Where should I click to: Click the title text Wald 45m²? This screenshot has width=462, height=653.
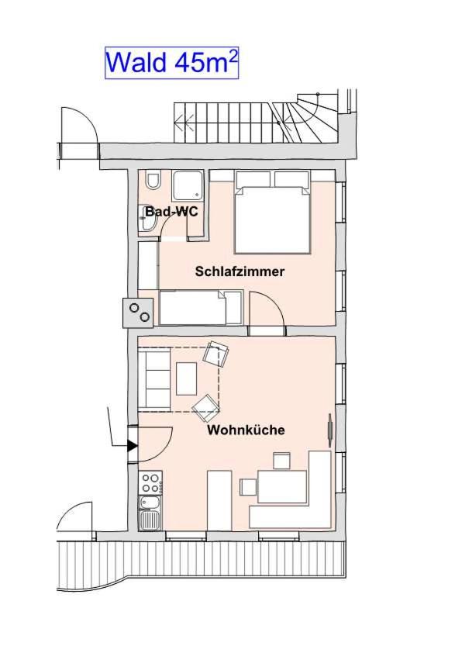(x=171, y=63)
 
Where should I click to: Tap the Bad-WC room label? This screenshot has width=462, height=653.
(x=171, y=212)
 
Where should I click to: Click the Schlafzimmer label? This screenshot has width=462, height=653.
(x=240, y=271)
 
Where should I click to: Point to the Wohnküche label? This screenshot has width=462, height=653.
(x=246, y=430)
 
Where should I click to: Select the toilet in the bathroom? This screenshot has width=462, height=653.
(x=153, y=181)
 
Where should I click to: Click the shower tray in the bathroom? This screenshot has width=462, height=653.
(x=188, y=185)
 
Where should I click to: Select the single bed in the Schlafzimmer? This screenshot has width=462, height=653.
(x=200, y=308)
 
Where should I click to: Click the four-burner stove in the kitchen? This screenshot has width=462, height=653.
(x=150, y=483)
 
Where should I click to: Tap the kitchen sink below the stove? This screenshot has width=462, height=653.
(x=150, y=513)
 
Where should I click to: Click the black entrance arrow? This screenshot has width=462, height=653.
(x=133, y=446)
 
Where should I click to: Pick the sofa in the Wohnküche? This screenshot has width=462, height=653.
(x=154, y=379)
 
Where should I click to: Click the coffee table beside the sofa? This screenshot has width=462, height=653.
(x=187, y=378)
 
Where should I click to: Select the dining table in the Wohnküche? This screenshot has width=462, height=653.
(x=282, y=486)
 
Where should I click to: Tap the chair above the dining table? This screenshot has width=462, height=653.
(x=281, y=461)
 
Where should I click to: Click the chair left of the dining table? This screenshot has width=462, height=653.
(x=248, y=487)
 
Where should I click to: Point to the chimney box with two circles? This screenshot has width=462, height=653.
(x=138, y=313)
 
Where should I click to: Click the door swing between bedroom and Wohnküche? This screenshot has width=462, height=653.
(x=267, y=309)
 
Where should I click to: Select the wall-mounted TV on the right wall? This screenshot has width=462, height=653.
(x=330, y=430)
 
